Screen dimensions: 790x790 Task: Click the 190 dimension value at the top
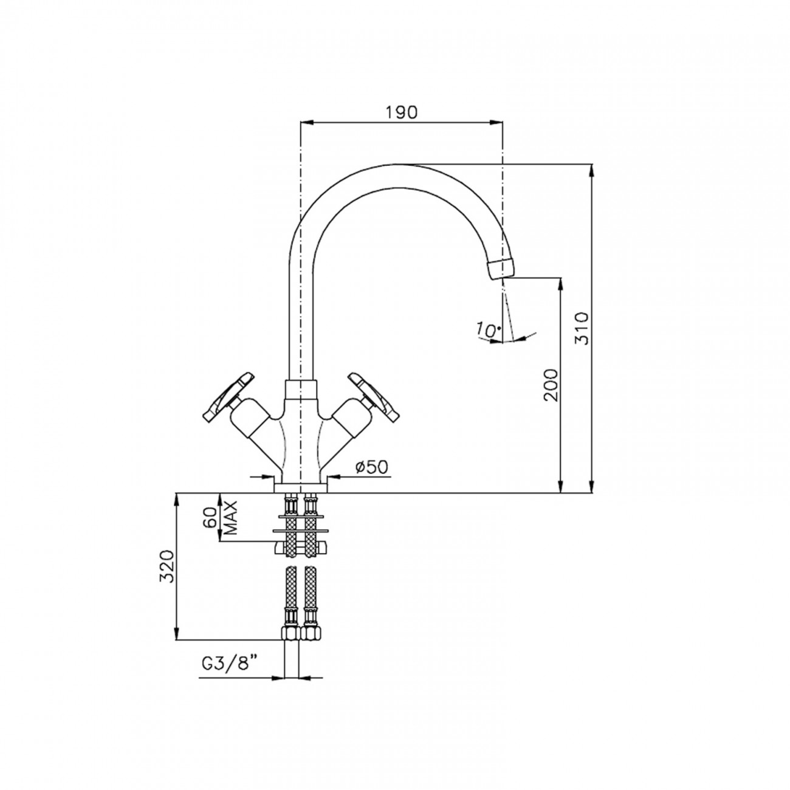pyautogui.click(x=400, y=112)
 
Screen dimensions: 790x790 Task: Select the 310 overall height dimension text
pyautogui.click(x=582, y=328)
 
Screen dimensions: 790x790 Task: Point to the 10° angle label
pyautogui.click(x=489, y=330)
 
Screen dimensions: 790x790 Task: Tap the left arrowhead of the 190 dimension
pyautogui.click(x=307, y=123)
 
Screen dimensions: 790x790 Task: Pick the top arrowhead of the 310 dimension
pyautogui.click(x=592, y=170)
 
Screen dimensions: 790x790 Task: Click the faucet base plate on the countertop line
pyautogui.click(x=301, y=487)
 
